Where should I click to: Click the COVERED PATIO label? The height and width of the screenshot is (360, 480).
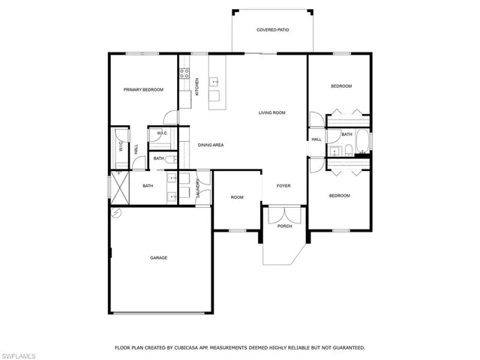click(272, 30)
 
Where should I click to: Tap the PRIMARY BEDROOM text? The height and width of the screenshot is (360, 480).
click(143, 89)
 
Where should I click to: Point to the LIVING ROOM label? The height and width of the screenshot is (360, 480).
click(272, 112)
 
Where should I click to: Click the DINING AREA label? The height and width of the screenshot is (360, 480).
click(211, 145)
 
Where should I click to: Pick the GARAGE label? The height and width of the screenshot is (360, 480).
click(158, 257)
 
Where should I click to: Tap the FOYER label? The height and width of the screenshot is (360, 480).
click(283, 185)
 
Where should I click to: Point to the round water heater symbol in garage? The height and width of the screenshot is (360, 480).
click(116, 213)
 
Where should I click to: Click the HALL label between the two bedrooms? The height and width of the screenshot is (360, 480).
click(316, 139)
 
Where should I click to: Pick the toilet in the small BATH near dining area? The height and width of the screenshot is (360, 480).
click(169, 159)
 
